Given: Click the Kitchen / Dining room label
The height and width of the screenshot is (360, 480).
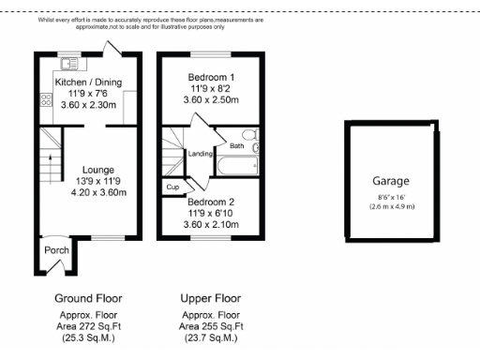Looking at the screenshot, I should [x=87, y=82].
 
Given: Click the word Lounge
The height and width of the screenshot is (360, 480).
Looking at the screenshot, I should [x=98, y=170].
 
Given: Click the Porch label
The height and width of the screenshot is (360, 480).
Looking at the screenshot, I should [x=56, y=250].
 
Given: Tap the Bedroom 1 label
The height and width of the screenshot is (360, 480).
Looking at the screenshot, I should [x=211, y=76].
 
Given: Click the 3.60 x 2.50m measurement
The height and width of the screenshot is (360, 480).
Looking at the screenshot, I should [x=211, y=99].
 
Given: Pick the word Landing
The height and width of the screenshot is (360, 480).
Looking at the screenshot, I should [x=200, y=153].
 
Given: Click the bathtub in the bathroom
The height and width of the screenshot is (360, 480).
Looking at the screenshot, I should [x=237, y=166].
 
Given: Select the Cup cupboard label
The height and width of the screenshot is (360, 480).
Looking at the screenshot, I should [x=172, y=187].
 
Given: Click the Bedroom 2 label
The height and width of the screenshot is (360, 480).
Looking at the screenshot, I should [x=211, y=202].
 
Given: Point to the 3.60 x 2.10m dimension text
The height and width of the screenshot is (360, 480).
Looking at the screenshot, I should [x=211, y=225].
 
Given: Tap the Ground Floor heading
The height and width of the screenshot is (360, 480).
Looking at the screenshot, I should [x=87, y=299].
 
